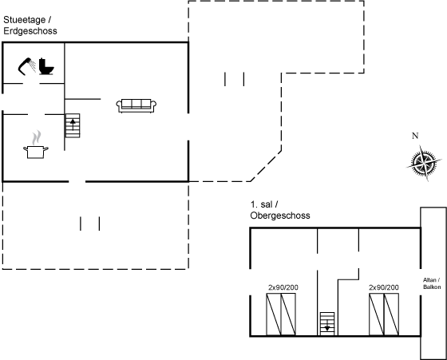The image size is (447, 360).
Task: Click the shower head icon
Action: (26, 65)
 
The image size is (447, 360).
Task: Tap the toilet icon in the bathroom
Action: (46, 66)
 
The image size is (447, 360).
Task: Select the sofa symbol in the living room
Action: (136, 105)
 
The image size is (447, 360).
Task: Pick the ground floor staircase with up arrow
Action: (73, 125)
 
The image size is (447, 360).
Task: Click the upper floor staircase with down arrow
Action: (327, 324)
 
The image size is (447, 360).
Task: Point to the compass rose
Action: (424, 163)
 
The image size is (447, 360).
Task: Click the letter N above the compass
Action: (415, 136)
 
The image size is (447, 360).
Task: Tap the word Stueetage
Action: (25, 20)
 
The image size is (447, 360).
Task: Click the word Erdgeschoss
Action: (30, 31)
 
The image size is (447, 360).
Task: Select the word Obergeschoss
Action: (280, 216)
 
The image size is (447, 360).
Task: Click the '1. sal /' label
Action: (264, 204)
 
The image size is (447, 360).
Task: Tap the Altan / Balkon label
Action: (432, 283)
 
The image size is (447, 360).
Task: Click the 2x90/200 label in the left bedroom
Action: (283, 287)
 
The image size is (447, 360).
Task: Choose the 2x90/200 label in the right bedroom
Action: (384, 287)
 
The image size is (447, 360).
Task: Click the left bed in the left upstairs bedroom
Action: (274, 315)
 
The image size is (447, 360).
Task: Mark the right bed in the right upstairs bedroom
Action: (391, 315)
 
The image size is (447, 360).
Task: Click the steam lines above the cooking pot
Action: (37, 137)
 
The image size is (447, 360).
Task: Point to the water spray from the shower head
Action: (33, 65)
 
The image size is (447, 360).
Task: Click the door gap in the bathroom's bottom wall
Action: (31, 84)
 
